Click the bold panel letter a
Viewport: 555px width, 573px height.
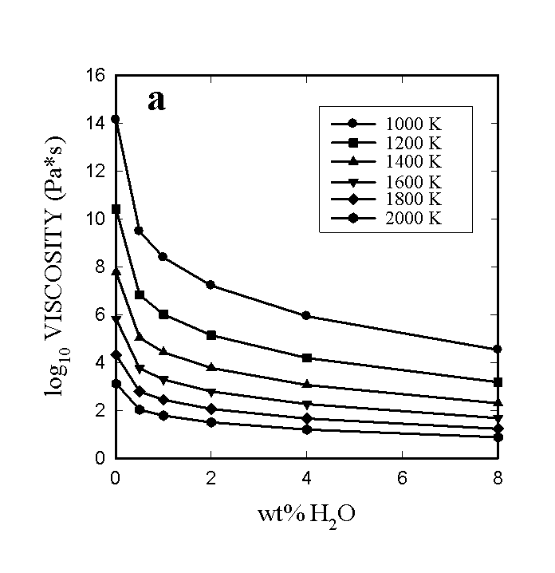pyautogui.click(x=156, y=101)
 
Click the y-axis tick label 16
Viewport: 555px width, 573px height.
pyautogui.click(x=97, y=76)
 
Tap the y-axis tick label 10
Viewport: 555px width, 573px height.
pyautogui.click(x=97, y=219)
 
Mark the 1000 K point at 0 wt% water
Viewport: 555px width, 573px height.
pyautogui.click(x=116, y=119)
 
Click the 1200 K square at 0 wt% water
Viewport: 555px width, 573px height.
pyautogui.click(x=116, y=209)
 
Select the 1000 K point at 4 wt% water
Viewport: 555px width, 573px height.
pyautogui.click(x=306, y=316)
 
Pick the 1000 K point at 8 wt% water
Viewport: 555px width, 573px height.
pyautogui.click(x=498, y=350)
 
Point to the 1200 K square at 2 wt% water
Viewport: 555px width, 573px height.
pyautogui.click(x=211, y=335)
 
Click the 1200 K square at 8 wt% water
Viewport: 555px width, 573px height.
pyautogui.click(x=498, y=382)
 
